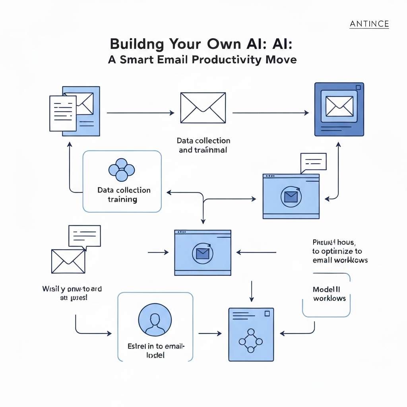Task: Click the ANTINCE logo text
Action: tap(369, 24)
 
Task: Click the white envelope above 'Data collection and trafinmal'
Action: tap(203, 108)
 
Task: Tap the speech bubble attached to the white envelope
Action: tap(84, 236)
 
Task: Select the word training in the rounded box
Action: tap(122, 199)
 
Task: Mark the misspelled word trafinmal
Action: tap(208, 150)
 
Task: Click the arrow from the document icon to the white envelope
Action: tap(140, 113)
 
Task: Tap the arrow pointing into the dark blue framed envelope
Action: tap(270, 113)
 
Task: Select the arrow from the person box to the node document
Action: tap(209, 333)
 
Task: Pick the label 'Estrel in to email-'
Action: tap(156, 346)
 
